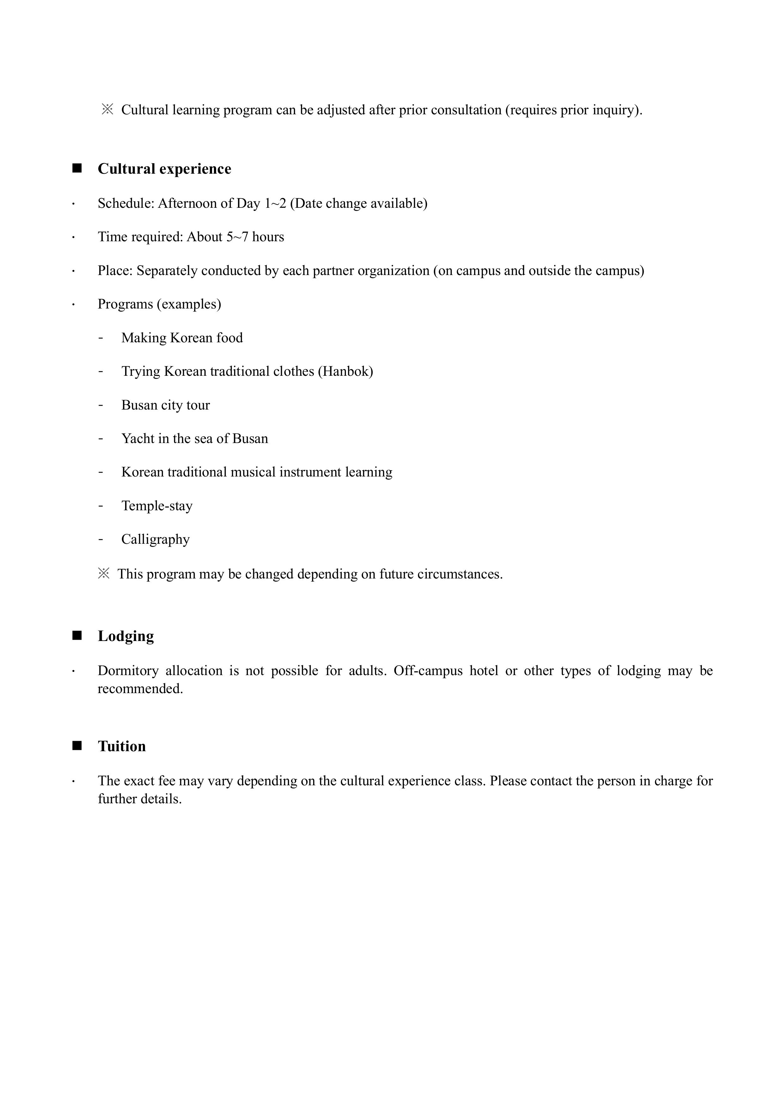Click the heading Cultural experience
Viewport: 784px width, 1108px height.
click(164, 169)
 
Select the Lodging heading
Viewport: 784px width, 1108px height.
click(125, 636)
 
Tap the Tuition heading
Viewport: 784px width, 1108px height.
click(122, 746)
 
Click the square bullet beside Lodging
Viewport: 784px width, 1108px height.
click(77, 636)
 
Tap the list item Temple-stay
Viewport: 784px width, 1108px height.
click(157, 506)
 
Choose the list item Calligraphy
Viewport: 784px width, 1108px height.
click(155, 540)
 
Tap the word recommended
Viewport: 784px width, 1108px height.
click(140, 689)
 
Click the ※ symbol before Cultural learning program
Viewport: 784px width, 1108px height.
click(107, 110)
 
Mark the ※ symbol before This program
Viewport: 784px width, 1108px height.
click(103, 574)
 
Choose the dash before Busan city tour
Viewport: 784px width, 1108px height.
click(100, 405)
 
